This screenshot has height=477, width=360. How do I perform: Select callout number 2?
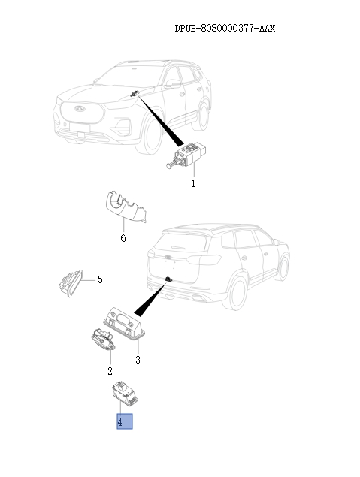coord(110,371)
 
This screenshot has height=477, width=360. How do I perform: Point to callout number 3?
coord(138,361)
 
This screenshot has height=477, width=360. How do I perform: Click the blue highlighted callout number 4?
coord(124,422)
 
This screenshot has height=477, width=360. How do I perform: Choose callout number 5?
coord(100,279)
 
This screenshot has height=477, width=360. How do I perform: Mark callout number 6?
coord(123,239)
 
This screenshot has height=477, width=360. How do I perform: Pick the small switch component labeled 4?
coord(121,393)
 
